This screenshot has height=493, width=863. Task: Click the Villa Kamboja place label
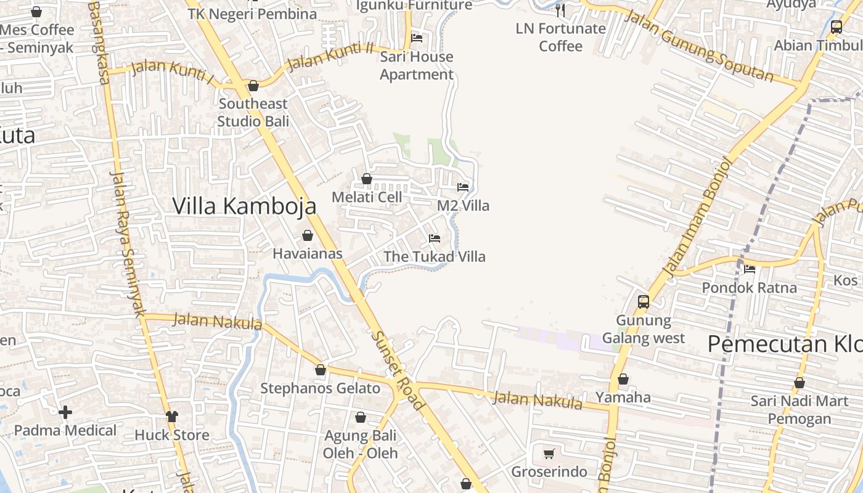(x=244, y=206)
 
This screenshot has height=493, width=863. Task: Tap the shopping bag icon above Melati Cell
(x=367, y=179)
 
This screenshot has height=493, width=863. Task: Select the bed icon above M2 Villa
(x=463, y=187)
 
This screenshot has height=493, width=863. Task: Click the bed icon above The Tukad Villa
(x=435, y=238)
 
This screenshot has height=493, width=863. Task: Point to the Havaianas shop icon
(x=307, y=235)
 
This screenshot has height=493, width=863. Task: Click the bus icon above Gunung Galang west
(x=644, y=301)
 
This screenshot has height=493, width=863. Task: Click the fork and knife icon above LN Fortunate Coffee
(x=560, y=10)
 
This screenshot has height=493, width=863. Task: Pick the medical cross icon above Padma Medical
(x=65, y=412)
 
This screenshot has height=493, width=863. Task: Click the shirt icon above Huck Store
(x=172, y=417)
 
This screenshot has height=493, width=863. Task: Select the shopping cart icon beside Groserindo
(x=549, y=454)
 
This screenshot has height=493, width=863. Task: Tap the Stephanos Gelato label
(x=320, y=388)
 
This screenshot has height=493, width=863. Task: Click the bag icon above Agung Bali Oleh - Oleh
(x=361, y=417)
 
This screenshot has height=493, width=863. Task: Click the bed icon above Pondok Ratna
(x=750, y=269)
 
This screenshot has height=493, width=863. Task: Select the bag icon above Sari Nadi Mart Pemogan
(x=800, y=383)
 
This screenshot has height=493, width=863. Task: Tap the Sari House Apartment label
(x=416, y=65)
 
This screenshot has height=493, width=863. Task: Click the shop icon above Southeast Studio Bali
(x=253, y=86)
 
